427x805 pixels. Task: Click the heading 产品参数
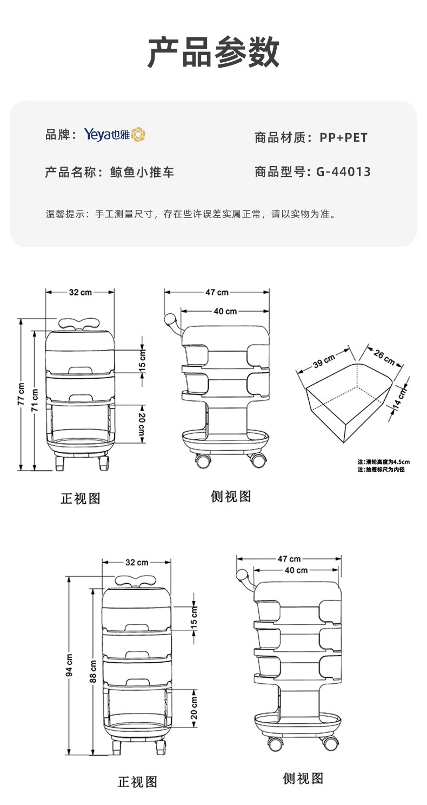(213, 52)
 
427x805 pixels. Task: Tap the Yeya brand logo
(115, 135)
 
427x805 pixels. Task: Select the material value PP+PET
(343, 137)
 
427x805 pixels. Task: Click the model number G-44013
(343, 172)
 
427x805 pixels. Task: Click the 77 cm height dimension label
(21, 394)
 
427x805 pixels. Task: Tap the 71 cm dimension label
(35, 400)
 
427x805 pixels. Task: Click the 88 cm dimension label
(92, 671)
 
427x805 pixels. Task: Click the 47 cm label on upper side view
(217, 292)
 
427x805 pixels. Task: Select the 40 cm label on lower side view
(296, 570)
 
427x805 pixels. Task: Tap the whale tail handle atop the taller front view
(137, 580)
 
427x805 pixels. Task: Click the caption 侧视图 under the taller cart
(303, 778)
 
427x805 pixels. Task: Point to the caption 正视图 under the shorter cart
(80, 498)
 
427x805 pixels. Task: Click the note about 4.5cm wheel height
(383, 461)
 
